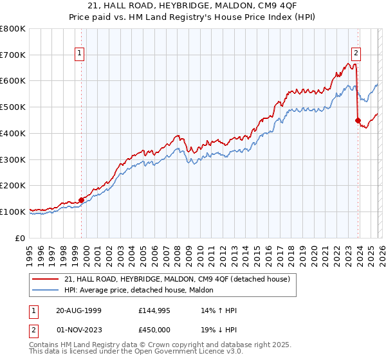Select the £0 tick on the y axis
(21, 238)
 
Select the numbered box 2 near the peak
(356, 54)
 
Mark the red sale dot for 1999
(82, 200)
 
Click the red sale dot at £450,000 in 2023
(358, 120)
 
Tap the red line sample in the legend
(45, 279)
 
